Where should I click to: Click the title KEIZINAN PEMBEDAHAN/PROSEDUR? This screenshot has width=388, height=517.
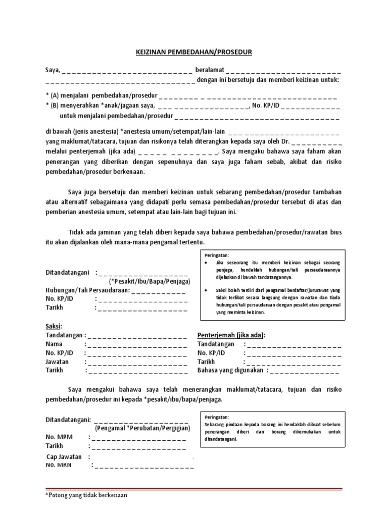pos(194,52)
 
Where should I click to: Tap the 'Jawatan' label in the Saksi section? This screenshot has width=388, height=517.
pos(57,362)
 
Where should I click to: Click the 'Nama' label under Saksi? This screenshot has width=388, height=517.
pos(54,344)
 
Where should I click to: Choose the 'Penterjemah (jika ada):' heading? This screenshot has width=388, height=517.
pos(231,335)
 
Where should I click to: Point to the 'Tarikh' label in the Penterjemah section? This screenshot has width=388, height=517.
pos(206,362)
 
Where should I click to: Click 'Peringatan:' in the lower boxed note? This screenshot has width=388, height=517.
pos(217,418)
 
